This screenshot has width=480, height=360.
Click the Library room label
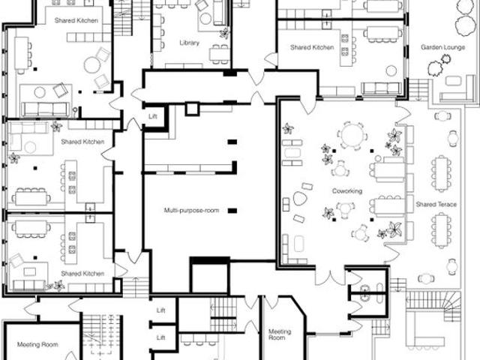pyautogui.click(x=189, y=43)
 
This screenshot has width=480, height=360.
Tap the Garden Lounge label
pyautogui.click(x=442, y=46)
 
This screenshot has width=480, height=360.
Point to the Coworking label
pyautogui.click(x=346, y=191)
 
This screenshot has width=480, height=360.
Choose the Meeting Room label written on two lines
pyautogui.click(x=280, y=334)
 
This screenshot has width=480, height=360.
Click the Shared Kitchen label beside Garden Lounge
pyautogui.click(x=311, y=47)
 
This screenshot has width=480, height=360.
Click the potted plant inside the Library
pyautogui.click(x=223, y=33)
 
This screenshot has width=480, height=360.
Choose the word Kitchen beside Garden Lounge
pyautogui.click(x=322, y=47)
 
